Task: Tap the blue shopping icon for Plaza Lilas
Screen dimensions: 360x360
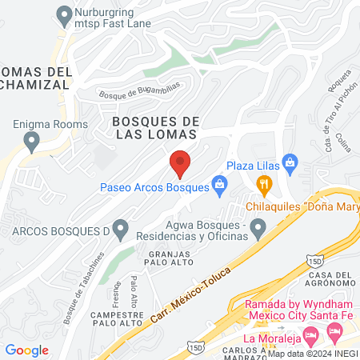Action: click(x=290, y=164)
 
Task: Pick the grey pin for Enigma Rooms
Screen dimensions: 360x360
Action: click(x=32, y=142)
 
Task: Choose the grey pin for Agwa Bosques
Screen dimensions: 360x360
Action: click(x=258, y=230)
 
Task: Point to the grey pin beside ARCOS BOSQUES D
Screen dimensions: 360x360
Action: click(x=120, y=230)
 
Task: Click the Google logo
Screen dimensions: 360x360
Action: click(x=26, y=350)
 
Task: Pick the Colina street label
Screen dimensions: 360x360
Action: click(x=343, y=142)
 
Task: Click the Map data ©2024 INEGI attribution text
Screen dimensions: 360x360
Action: click(x=313, y=353)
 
